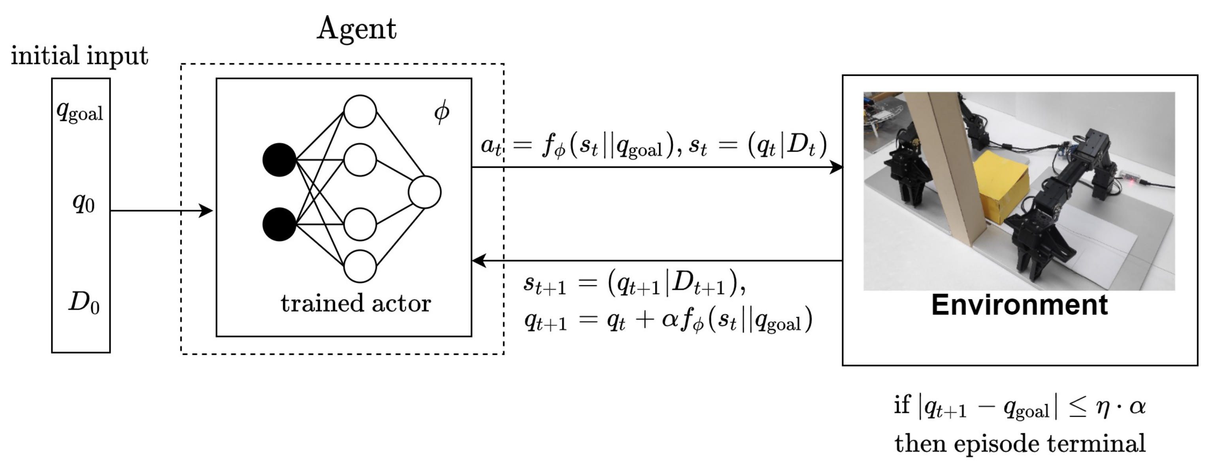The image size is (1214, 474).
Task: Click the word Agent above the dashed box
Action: [356, 29]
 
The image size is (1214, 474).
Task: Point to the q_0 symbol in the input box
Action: [83, 203]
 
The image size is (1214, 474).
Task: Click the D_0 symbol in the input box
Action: [84, 303]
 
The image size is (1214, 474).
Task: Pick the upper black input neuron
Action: [279, 160]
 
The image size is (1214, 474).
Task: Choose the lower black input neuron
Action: [279, 224]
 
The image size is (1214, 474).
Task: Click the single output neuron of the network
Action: [424, 192]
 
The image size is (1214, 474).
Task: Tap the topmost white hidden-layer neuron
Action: [360, 112]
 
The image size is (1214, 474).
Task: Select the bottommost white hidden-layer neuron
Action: [360, 266]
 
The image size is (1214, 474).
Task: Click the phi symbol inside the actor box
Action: [441, 112]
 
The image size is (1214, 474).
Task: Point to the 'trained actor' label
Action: [356, 303]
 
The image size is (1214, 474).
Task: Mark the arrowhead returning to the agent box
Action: [479, 260]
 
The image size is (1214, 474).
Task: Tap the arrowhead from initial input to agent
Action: [206, 211]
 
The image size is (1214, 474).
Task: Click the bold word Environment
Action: [1019, 305]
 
